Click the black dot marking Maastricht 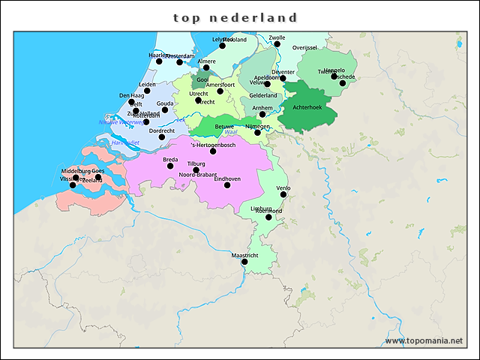click(x=244, y=262)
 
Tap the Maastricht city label click(x=244, y=255)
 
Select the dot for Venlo click(x=283, y=194)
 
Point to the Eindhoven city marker click(x=227, y=185)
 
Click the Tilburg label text click(x=196, y=163)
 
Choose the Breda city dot click(x=170, y=166)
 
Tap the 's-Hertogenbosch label click(x=213, y=145)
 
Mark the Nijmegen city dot click(x=257, y=133)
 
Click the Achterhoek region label click(x=307, y=108)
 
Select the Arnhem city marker click(x=262, y=114)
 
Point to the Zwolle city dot click(x=277, y=43)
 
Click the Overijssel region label click(x=304, y=47)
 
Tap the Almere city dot click(x=206, y=67)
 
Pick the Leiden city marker click(x=147, y=91)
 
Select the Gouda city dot click(x=165, y=109)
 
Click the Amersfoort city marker click(x=220, y=91)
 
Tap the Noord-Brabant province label click(x=196, y=175)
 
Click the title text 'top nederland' click(x=235, y=17)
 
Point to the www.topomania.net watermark click(x=424, y=340)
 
